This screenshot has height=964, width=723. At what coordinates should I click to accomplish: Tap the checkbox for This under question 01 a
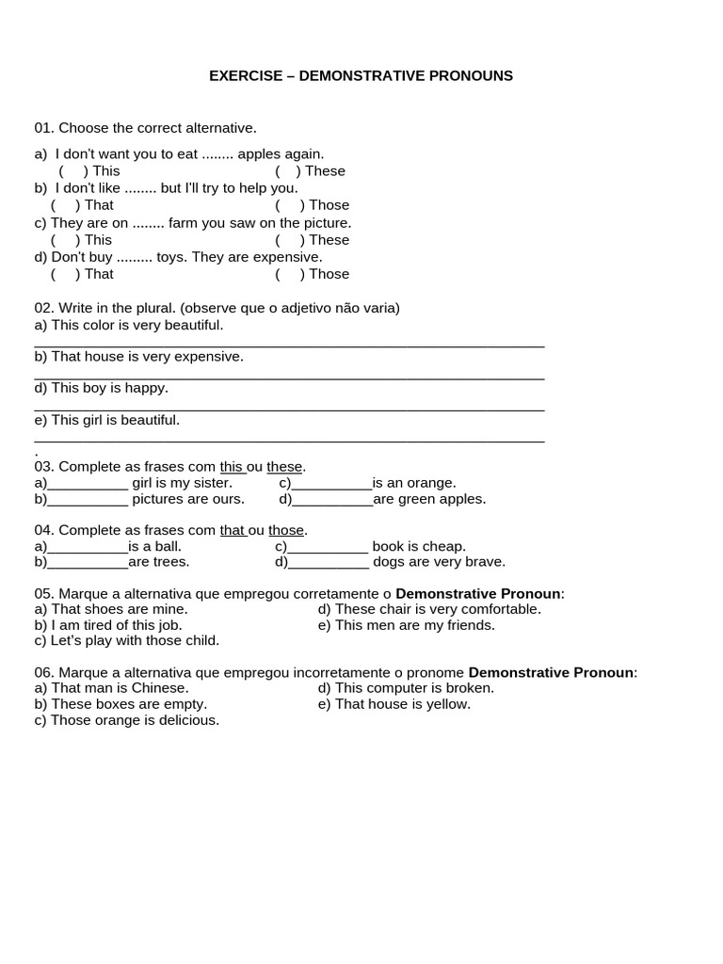pyautogui.click(x=73, y=171)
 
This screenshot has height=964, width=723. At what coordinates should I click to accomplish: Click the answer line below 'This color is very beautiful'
pyautogui.click(x=289, y=345)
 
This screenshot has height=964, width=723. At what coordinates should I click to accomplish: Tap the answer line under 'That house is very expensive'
pyautogui.click(x=289, y=377)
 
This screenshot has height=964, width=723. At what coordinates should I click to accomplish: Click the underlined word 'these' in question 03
pyautogui.click(x=285, y=467)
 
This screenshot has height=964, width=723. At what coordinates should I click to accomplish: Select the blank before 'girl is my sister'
pyautogui.click(x=88, y=484)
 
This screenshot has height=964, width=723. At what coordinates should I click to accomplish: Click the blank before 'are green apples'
pyautogui.click(x=332, y=500)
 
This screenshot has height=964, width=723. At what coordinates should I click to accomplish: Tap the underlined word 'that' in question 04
pyautogui.click(x=233, y=531)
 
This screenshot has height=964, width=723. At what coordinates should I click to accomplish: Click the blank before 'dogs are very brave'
pyautogui.click(x=329, y=563)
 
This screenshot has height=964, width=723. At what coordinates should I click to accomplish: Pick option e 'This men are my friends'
pyautogui.click(x=406, y=625)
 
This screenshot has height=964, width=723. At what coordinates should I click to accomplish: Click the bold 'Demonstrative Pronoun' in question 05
pyautogui.click(x=477, y=594)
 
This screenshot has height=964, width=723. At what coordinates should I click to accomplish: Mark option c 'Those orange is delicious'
pyautogui.click(x=126, y=720)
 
